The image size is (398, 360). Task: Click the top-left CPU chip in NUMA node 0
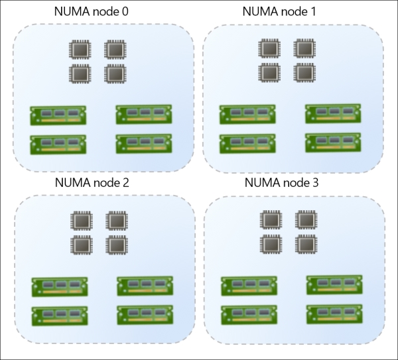click(x=81, y=51)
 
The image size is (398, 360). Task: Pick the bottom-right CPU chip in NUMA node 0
click(x=115, y=73)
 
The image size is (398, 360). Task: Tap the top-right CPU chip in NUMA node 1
click(x=303, y=49)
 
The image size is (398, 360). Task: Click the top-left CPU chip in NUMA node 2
click(x=81, y=221)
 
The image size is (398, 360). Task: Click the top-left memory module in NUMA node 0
click(x=58, y=115)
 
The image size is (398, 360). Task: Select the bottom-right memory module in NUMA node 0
click(x=143, y=144)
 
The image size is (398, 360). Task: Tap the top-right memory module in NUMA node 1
click(x=333, y=113)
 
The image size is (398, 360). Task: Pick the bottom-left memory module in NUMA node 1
click(x=247, y=144)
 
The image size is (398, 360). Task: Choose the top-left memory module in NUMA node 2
click(x=59, y=287)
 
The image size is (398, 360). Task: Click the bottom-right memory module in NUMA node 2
click(x=145, y=314)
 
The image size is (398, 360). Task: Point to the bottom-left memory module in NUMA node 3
click(x=249, y=315)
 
